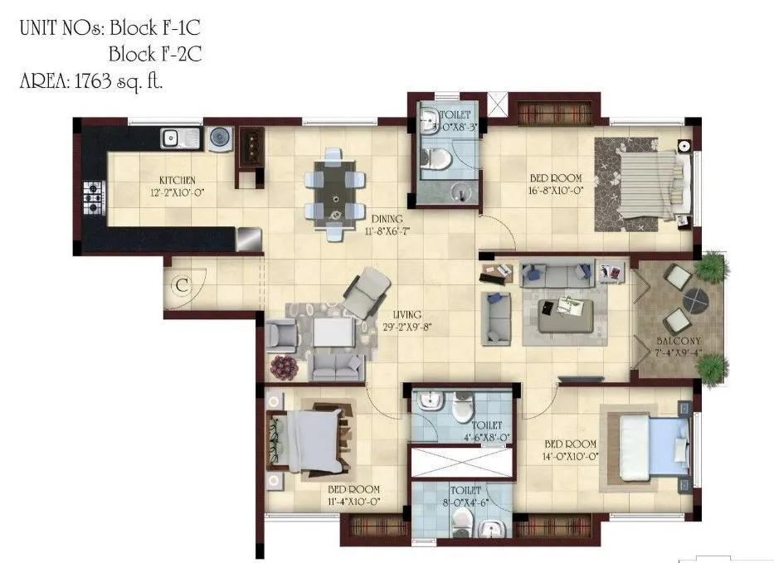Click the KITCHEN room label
coord(177,180)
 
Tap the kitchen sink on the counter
coord(179,137)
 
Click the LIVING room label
coord(407,315)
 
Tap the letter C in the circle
coord(182,286)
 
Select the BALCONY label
coord(679,341)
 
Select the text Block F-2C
coord(155,56)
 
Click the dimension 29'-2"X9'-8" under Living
coord(407,327)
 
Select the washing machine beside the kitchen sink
coord(220,138)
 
